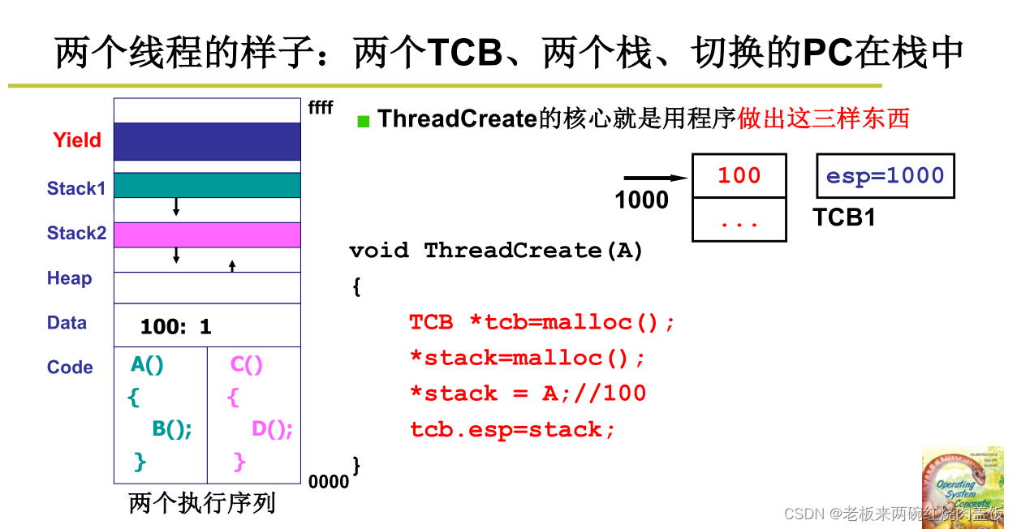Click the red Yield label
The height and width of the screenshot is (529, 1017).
point(77,140)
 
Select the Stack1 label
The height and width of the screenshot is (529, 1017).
point(76,188)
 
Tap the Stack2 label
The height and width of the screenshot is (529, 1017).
point(76,233)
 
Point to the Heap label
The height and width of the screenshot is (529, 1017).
point(69,278)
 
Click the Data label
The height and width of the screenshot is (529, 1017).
point(67,322)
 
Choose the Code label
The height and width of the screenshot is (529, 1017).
point(70,367)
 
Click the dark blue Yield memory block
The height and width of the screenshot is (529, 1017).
point(207,141)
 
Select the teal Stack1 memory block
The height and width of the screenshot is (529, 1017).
point(207,185)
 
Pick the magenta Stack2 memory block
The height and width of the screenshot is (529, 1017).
point(207,234)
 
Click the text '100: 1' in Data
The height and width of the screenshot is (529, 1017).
point(175,327)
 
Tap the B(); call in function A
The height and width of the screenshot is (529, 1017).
point(172,429)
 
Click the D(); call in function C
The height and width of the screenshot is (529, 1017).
point(272,429)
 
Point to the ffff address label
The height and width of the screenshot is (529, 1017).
point(321,107)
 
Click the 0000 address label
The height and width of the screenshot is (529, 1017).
point(329,482)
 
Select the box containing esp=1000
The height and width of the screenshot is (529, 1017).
point(885,176)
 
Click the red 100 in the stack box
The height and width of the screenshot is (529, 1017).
point(739,176)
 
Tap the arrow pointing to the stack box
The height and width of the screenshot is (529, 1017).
point(656,178)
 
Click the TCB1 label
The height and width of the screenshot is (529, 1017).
point(844,217)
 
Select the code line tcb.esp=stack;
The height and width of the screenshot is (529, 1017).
point(512,429)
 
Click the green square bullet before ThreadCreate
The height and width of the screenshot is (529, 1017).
point(364,122)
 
